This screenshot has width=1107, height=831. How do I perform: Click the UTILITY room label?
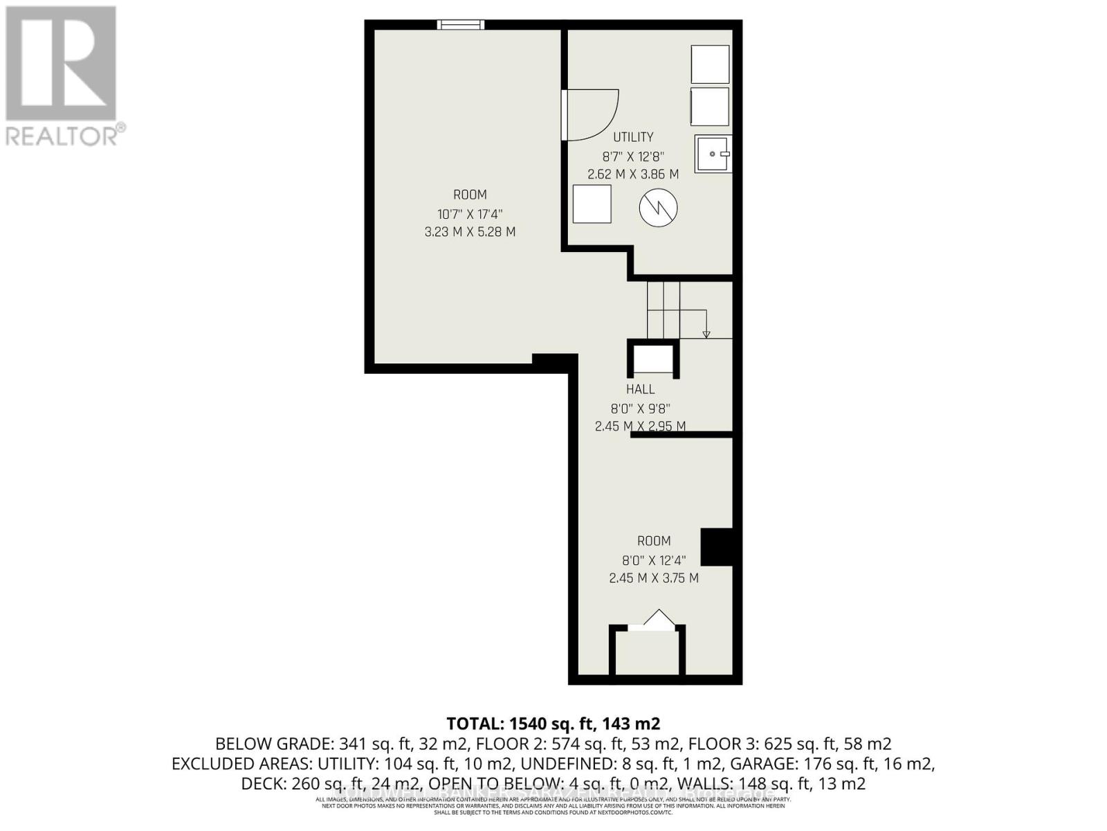click(632, 137)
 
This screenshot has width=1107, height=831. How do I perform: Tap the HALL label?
click(640, 389)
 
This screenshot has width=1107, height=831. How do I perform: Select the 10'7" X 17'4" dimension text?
click(470, 214)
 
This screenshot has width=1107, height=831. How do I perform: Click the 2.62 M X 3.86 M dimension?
click(632, 175)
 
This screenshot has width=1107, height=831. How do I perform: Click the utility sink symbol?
click(713, 154)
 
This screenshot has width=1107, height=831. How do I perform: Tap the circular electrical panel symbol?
click(658, 207)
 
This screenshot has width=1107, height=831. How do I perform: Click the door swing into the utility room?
click(589, 115)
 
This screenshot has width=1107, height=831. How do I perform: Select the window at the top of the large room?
click(460, 25)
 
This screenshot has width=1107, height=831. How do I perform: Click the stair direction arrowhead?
click(706, 334)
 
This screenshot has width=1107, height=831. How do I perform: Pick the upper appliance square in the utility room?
click(710, 64)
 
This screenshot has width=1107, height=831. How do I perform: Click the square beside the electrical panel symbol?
click(592, 204)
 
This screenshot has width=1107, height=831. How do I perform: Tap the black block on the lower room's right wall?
click(717, 547)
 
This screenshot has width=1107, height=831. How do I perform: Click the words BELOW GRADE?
click(273, 744)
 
